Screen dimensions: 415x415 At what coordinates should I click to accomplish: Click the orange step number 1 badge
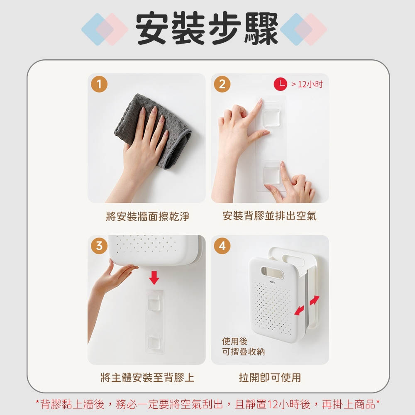(99, 84)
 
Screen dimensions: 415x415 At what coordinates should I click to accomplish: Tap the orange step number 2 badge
(222, 84)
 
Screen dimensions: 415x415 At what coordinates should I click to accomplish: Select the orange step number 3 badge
(99, 246)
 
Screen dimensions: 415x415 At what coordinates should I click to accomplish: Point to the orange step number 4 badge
(222, 246)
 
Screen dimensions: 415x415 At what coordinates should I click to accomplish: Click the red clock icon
(280, 84)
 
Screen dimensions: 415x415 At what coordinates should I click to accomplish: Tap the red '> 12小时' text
(307, 84)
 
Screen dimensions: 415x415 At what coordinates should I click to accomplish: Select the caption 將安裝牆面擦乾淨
(148, 216)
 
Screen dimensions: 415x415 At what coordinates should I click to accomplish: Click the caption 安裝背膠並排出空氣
(269, 216)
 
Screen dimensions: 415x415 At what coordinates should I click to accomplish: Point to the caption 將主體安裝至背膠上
(147, 377)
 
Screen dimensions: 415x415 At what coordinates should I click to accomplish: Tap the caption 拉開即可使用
(270, 377)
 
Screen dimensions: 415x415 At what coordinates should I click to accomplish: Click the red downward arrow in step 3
(154, 278)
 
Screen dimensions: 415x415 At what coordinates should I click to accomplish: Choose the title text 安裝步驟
(207, 28)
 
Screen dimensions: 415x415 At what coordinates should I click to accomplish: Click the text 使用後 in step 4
(235, 341)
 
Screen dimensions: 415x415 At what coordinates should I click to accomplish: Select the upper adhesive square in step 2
(271, 117)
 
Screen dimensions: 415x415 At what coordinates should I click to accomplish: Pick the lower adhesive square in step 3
(154, 343)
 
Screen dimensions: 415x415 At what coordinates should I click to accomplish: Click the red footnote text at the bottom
(208, 404)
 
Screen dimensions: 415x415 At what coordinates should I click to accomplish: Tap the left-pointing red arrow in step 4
(299, 310)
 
